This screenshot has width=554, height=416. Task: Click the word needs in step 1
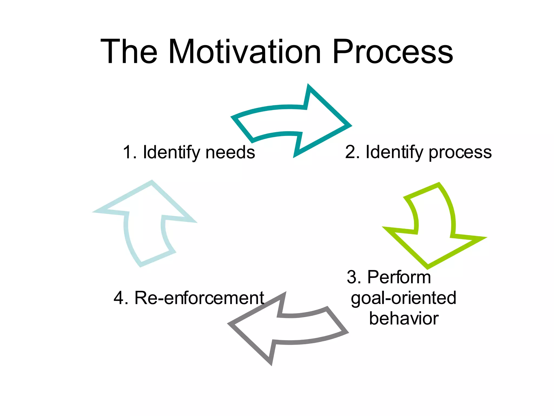tap(230, 152)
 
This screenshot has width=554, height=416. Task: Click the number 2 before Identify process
tap(351, 152)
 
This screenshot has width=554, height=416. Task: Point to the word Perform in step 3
tap(399, 277)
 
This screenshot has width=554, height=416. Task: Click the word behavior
tap(404, 318)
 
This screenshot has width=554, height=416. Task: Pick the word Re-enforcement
tap(199, 298)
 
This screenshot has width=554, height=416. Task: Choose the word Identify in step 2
tap(394, 153)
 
